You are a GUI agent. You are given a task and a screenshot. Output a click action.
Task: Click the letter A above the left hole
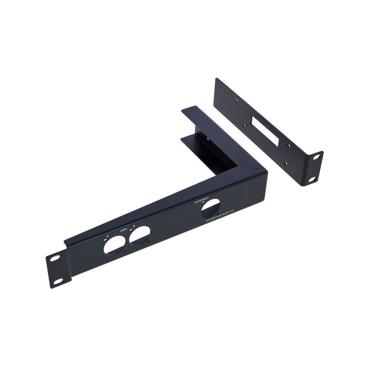point(108,236)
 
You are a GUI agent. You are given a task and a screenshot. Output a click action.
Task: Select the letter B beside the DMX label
point(134,226)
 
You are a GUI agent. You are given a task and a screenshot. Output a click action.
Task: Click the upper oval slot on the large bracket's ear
point(55,258)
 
